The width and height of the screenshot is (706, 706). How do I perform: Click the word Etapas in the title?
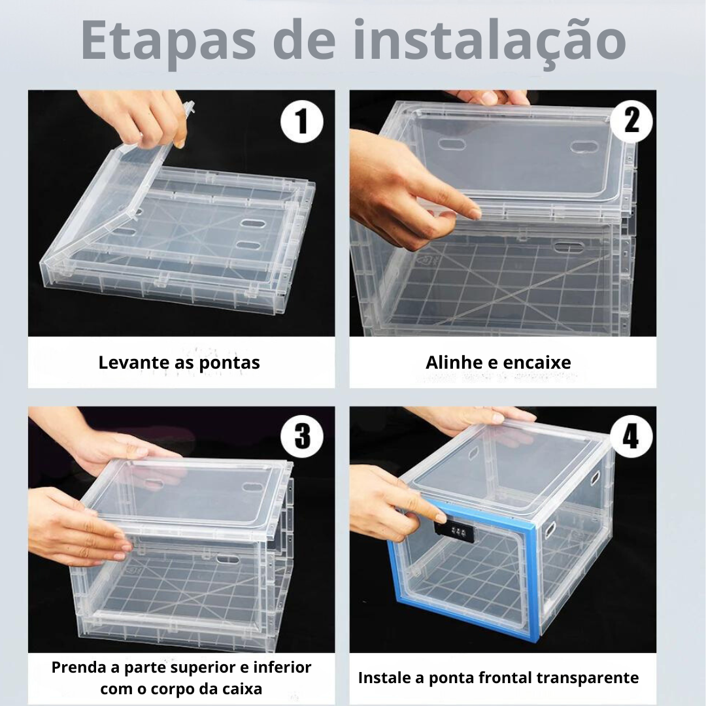pyautogui.click(x=169, y=41)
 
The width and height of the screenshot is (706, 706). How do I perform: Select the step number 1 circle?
pyautogui.click(x=301, y=122)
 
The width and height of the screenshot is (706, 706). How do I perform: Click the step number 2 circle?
pyautogui.click(x=631, y=121)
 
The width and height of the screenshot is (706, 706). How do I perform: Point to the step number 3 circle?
pyautogui.click(x=301, y=436)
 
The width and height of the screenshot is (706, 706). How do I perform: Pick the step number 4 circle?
pyautogui.click(x=631, y=436)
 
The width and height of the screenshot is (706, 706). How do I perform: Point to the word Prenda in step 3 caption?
pyautogui.click(x=80, y=667)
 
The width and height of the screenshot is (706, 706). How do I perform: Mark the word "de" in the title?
pyautogui.click(x=305, y=41)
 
